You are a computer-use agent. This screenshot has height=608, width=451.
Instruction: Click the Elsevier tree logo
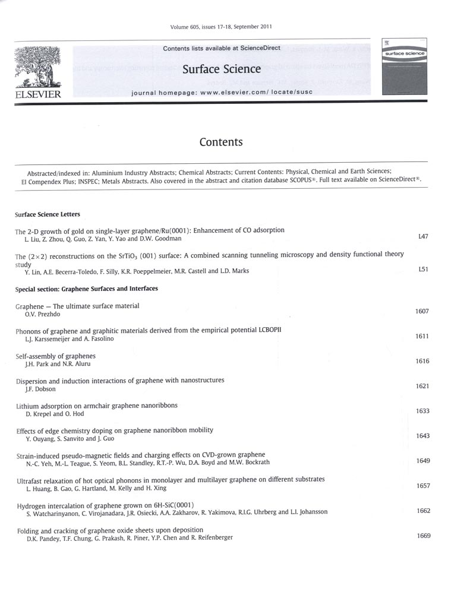(36, 66)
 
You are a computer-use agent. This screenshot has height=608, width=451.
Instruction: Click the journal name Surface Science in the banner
(222, 69)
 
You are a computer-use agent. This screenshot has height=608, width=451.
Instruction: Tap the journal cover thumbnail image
(403, 66)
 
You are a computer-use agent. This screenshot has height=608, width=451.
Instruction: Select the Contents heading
(221, 142)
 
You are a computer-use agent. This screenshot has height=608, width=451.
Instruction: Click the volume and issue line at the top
(221, 27)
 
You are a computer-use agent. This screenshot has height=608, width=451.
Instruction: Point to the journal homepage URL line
(222, 93)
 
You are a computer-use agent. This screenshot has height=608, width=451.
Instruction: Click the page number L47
(423, 236)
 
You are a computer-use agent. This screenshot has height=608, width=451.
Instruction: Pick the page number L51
(423, 269)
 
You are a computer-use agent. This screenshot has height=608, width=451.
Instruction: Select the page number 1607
(422, 311)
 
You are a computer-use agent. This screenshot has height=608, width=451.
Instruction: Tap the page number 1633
(422, 411)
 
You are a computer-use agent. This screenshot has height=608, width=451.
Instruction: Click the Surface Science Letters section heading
(48, 214)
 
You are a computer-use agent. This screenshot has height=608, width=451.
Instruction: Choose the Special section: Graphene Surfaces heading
(86, 289)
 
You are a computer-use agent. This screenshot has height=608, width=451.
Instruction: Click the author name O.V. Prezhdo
(39, 314)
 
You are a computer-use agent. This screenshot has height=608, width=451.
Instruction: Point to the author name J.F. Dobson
(37, 389)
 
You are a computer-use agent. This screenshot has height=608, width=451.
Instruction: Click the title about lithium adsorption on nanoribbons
(96, 406)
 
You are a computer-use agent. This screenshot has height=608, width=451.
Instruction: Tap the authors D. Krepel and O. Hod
(51, 414)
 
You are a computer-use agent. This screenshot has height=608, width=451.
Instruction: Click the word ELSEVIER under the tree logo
(36, 94)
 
